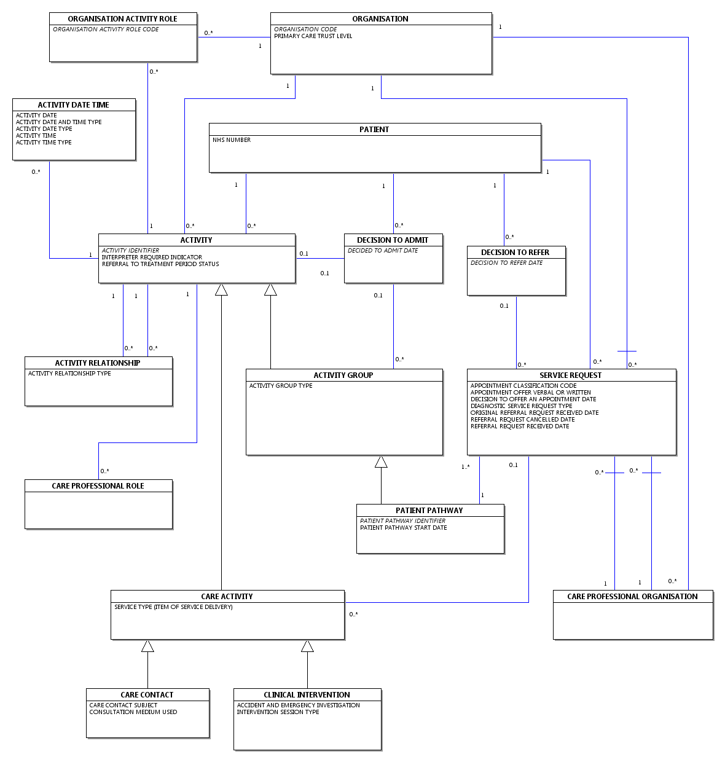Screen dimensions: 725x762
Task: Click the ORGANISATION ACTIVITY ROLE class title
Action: (122, 19)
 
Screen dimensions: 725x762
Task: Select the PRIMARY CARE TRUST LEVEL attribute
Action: (313, 36)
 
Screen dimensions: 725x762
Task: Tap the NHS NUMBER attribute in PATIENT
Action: (232, 140)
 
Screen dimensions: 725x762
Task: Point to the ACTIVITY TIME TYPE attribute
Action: (44, 142)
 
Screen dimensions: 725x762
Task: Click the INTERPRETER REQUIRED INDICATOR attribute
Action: (152, 257)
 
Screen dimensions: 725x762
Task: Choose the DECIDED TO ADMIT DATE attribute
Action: (382, 251)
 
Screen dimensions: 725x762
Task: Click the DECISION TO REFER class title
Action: (515, 253)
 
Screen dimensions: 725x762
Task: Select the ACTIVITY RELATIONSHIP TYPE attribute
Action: (69, 374)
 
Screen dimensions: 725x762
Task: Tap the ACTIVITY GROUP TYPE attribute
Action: (281, 386)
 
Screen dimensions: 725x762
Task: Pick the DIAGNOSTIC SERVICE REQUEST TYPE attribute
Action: (521, 406)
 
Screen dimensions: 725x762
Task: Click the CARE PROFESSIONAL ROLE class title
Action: (98, 486)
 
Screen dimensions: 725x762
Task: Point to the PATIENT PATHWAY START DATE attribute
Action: (404, 528)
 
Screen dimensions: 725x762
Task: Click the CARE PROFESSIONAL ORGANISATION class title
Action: (632, 597)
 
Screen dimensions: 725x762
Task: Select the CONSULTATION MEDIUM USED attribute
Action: (133, 712)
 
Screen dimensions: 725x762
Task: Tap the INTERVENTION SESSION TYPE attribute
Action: (278, 712)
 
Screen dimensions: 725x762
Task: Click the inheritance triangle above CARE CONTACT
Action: (147, 646)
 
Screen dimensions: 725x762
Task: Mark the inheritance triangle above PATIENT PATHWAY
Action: (381, 462)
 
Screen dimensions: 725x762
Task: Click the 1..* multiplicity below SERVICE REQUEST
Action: (465, 467)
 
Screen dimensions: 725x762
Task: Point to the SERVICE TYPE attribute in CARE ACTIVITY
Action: (173, 607)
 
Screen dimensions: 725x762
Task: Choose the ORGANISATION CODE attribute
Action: (305, 29)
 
